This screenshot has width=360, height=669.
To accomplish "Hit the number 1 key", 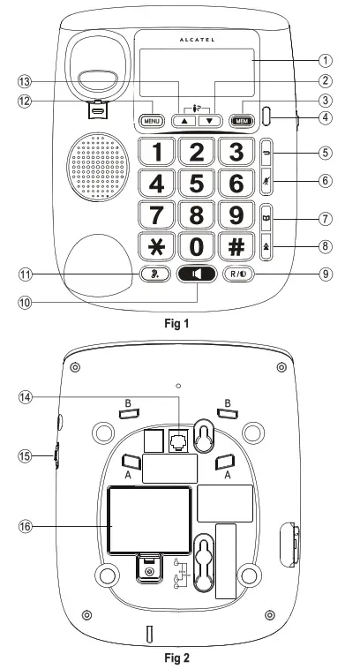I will (157, 152).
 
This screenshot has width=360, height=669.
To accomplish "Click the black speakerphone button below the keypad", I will (197, 274).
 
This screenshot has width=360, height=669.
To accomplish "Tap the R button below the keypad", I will (239, 274).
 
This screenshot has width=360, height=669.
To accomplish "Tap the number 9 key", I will (236, 214).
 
